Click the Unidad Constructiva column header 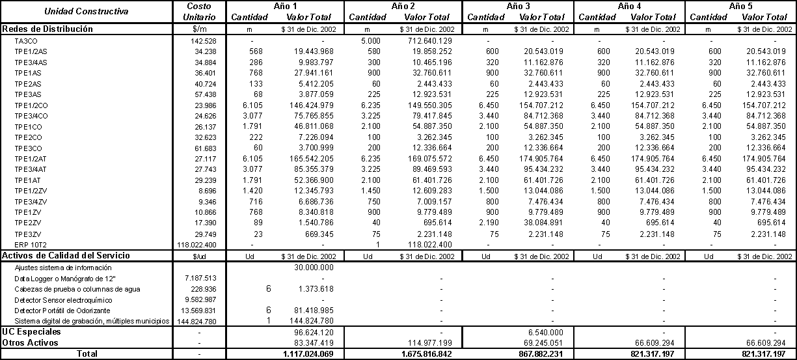pos(87,12)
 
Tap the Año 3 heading pos(518,6)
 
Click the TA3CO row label pos(27,41)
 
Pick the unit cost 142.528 pos(204,41)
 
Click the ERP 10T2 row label pos(31,243)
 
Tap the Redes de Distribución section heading pos(48,29)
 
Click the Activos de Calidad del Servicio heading pos(66,255)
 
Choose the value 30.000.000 pos(314,267)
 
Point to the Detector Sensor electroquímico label pos(63,299)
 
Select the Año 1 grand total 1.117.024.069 pos(309,353)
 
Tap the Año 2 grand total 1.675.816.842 pos(426,353)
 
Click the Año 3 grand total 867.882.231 pos(541,353)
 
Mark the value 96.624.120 pos(314,332)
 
